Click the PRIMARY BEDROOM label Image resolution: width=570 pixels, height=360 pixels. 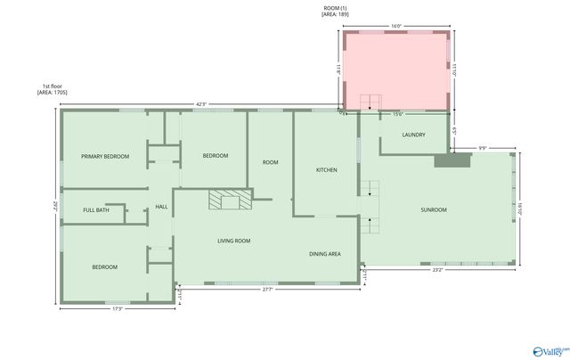click(105, 156)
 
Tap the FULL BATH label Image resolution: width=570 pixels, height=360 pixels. click(96, 210)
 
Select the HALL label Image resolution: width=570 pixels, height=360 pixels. click(161, 207)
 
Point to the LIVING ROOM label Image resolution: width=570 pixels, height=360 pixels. click(234, 241)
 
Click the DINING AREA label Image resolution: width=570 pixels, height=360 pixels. click(325, 254)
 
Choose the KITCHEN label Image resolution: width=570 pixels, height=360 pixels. click(327, 169)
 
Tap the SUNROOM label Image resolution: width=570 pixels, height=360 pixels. click(434, 209)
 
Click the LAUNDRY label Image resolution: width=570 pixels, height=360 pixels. click(413, 135)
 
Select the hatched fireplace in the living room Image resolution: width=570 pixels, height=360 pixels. click(230, 199)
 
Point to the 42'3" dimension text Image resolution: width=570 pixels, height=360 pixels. click(201, 104)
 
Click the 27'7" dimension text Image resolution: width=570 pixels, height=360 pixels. click(267, 290)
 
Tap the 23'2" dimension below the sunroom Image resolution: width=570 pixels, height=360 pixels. click(438, 270)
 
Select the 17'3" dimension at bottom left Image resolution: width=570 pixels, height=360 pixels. click(117, 309)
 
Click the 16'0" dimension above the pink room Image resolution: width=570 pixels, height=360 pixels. click(396, 26)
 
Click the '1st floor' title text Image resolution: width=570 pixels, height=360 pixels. click(49, 86)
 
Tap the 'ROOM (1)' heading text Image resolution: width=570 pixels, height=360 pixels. click(336, 8)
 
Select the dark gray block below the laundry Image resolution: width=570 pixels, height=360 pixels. click(452, 160)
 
